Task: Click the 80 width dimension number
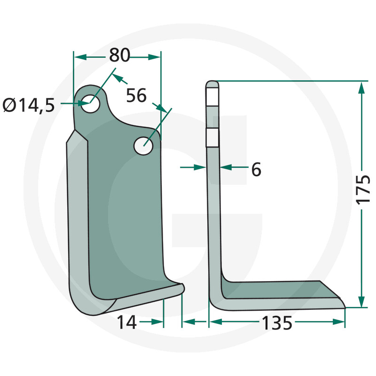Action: coord(119,55)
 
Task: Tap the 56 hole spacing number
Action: coord(136,95)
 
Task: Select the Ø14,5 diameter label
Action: coord(29,105)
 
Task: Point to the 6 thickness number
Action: coord(256,170)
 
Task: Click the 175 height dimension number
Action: coord(363,190)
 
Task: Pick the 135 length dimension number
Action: coord(277,323)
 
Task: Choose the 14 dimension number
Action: coord(126,322)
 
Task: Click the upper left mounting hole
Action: coord(90,103)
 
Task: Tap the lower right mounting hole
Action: coord(144,146)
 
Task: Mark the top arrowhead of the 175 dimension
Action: coord(361,88)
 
